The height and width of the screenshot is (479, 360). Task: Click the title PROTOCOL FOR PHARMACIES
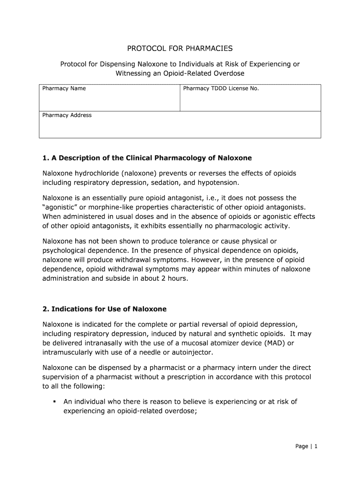(x=180, y=48)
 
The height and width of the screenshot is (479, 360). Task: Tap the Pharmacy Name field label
(x=64, y=88)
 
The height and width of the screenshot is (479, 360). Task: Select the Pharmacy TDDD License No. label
(x=221, y=88)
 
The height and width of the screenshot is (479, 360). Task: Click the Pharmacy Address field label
(x=67, y=115)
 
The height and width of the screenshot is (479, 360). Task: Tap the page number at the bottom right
(x=306, y=446)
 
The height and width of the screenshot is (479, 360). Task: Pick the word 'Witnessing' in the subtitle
(x=132, y=73)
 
